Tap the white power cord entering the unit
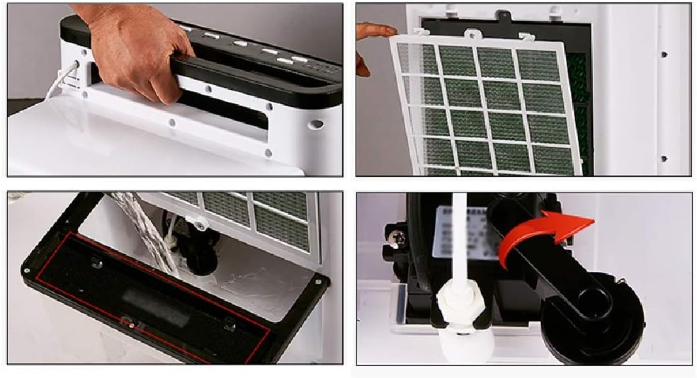pyautogui.click(x=60, y=81)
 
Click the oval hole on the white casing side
pyautogui.click(x=316, y=124)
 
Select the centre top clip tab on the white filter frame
pyautogui.click(x=470, y=33)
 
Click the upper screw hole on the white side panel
pyautogui.click(x=663, y=54)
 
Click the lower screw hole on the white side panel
pyautogui.click(x=663, y=159)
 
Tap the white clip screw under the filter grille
pyautogui.click(x=200, y=225)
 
